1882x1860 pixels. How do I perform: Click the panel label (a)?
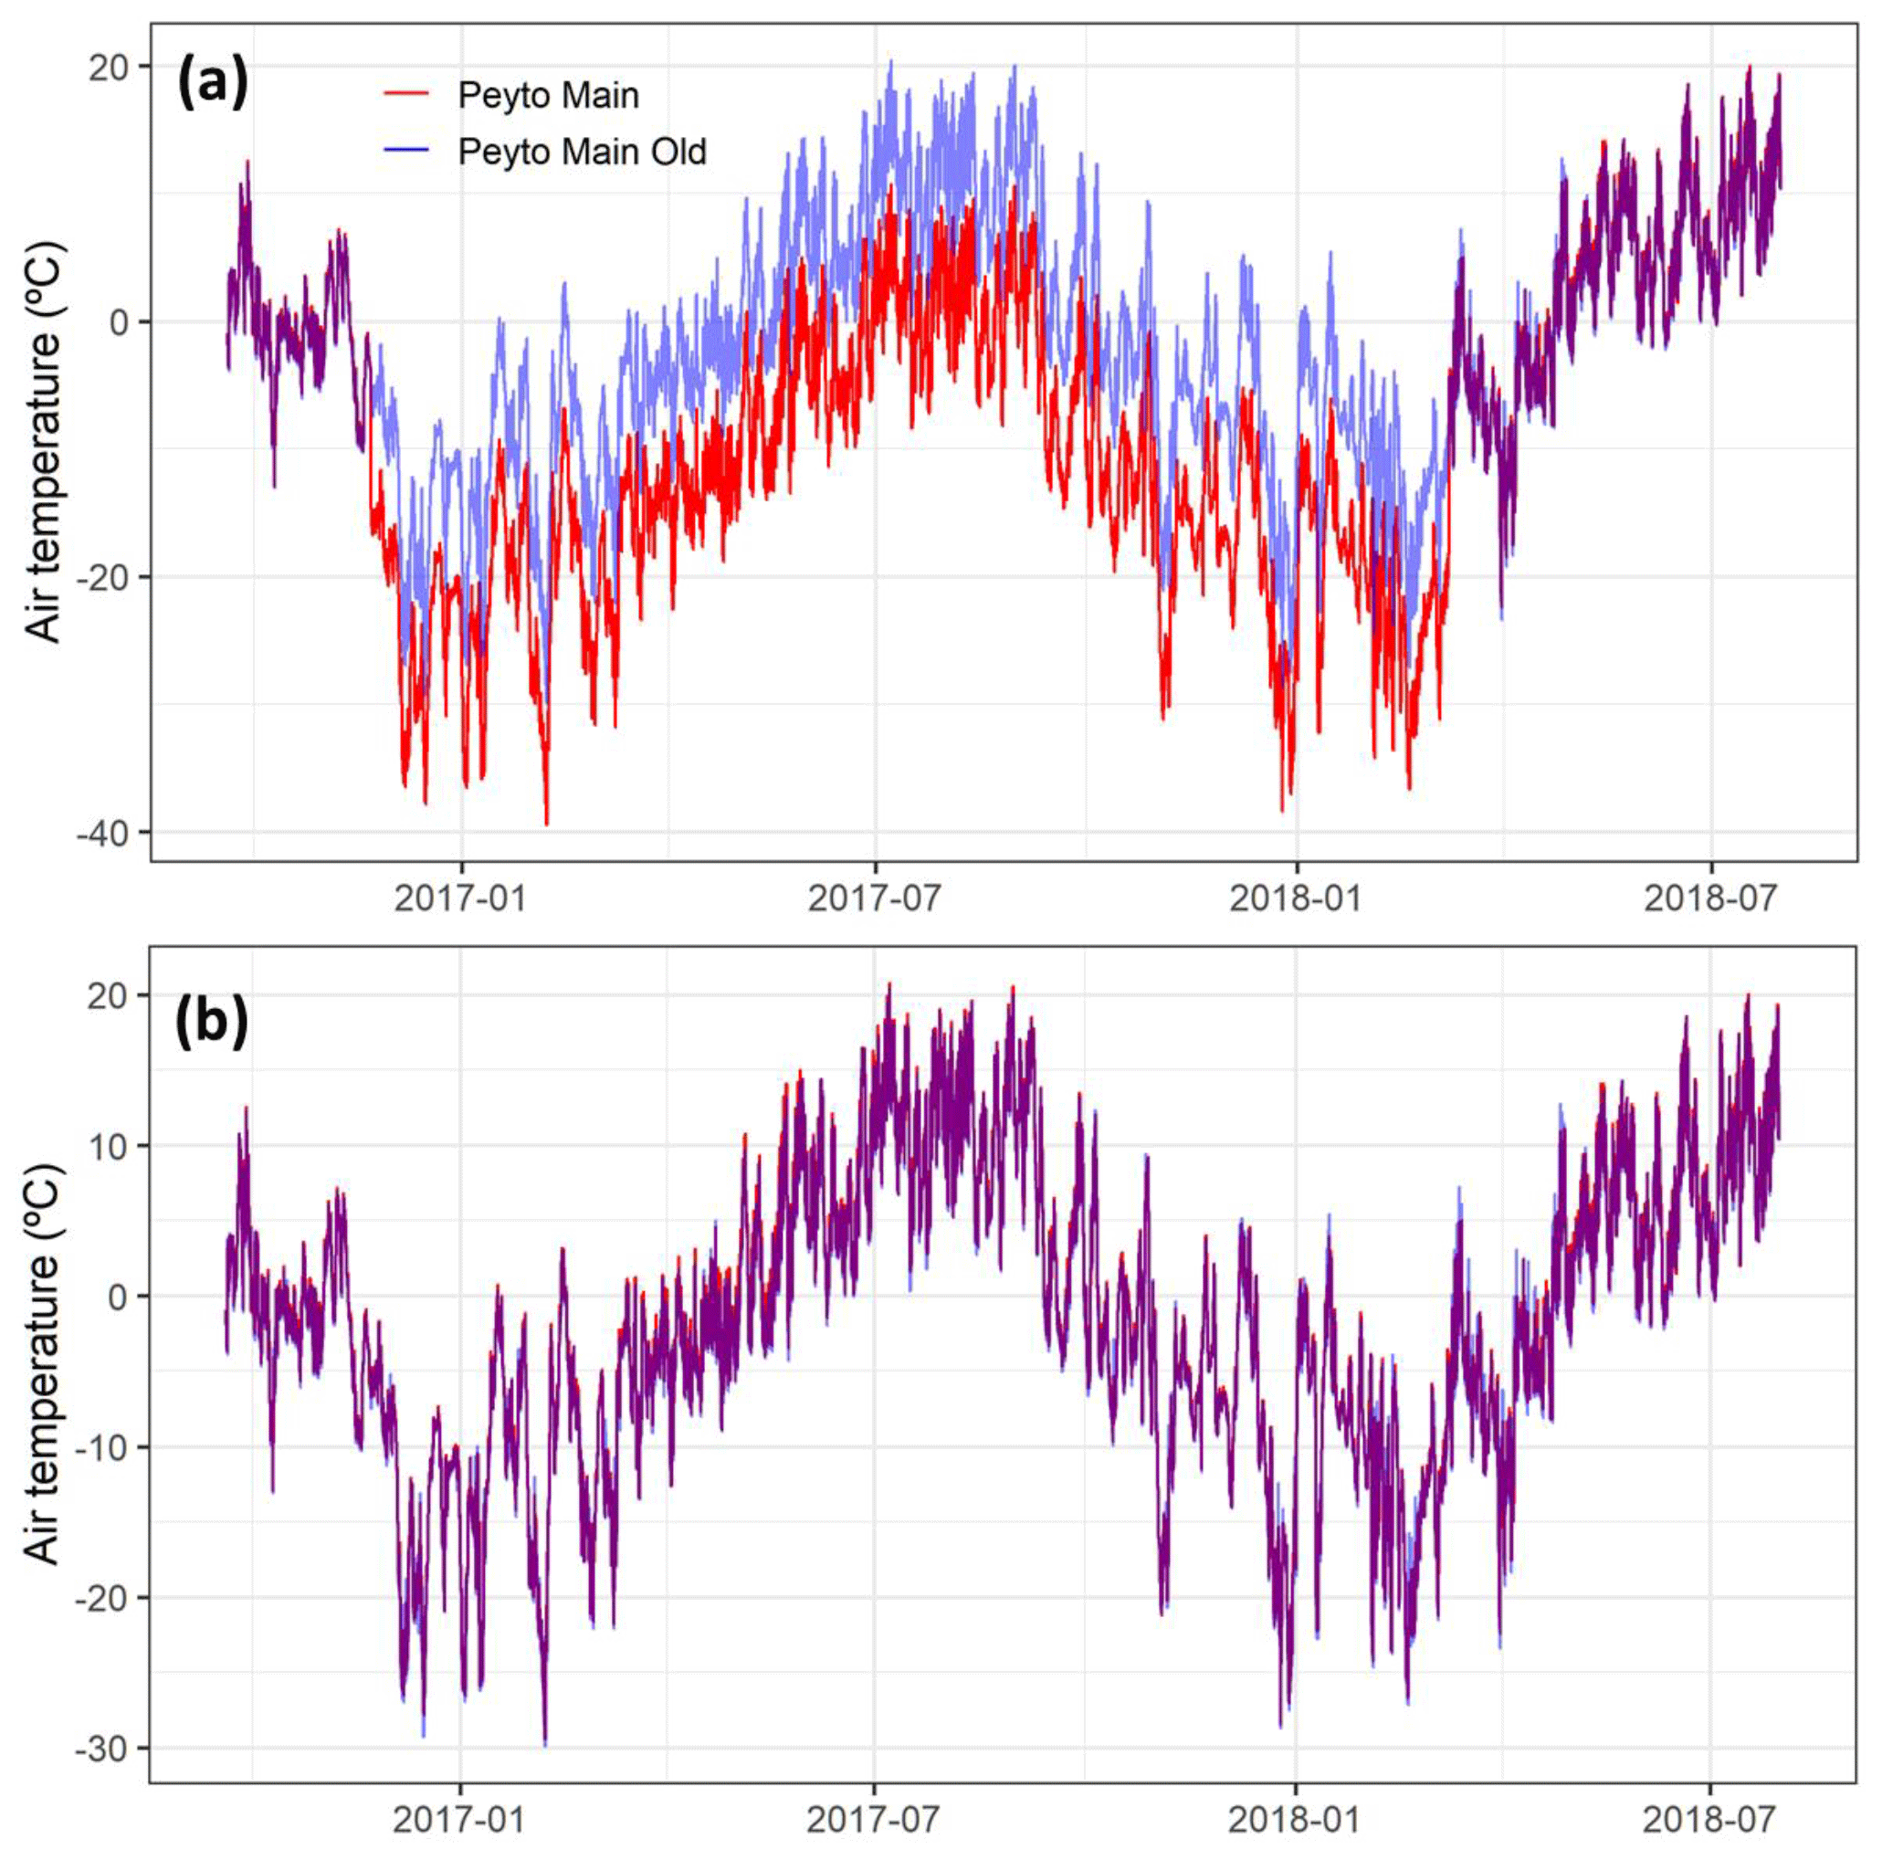pos(213,84)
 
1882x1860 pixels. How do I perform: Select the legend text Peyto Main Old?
pos(582,152)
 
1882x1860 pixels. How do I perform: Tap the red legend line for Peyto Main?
pos(406,94)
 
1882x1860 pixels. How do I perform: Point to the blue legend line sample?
pos(406,151)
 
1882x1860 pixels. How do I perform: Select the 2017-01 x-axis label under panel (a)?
pos(461,898)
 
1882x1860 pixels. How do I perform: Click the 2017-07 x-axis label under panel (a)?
pos(875,898)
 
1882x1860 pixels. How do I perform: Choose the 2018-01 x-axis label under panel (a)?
pos(1296,898)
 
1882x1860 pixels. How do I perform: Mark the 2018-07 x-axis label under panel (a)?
pos(1710,898)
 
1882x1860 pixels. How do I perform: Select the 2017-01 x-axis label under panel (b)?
pos(460,1819)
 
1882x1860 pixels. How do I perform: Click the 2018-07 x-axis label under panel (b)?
pos(1709,1819)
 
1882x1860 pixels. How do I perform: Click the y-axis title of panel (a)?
pos(44,441)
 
